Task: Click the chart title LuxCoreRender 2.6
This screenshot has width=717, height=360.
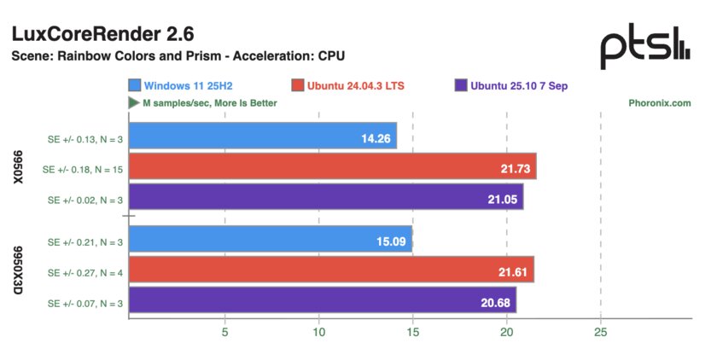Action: click(x=102, y=34)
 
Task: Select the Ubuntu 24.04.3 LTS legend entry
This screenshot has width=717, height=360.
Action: click(x=350, y=85)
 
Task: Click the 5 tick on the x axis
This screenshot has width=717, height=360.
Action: click(x=224, y=332)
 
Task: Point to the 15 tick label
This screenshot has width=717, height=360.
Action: click(x=412, y=332)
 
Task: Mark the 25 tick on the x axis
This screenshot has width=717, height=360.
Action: click(x=600, y=332)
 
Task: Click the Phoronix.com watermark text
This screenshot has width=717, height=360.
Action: click(x=660, y=103)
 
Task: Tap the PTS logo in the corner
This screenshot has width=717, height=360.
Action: click(x=644, y=49)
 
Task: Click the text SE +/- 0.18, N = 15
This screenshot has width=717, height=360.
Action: click(x=84, y=170)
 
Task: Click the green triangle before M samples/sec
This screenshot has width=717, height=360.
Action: click(x=134, y=103)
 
